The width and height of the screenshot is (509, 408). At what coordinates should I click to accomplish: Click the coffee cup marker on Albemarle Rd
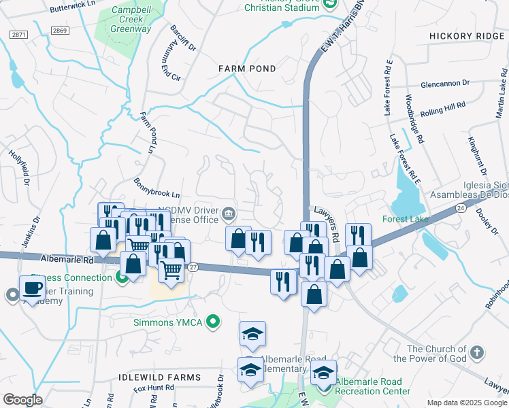point(32,287)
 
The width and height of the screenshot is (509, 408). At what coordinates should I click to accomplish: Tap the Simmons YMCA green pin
point(213,322)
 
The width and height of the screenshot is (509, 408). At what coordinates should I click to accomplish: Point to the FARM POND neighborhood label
point(247,69)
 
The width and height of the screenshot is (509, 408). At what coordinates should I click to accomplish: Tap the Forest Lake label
point(405,219)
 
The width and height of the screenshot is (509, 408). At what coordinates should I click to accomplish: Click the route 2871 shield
point(19,33)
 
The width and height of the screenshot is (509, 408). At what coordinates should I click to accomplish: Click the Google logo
point(22,400)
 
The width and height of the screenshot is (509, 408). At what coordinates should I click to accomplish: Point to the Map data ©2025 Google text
point(466,402)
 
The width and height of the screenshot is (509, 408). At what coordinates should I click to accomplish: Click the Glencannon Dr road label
point(445,83)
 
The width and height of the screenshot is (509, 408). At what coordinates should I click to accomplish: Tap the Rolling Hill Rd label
point(442,109)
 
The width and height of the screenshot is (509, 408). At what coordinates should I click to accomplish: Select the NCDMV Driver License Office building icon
point(228,215)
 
